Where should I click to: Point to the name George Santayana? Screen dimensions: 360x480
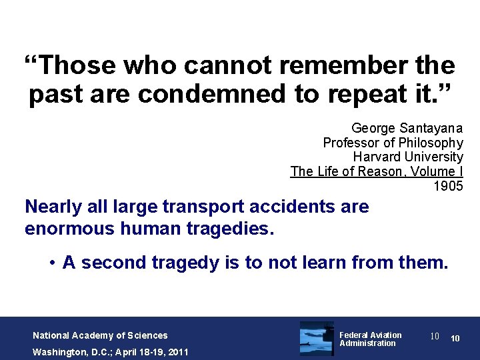407,128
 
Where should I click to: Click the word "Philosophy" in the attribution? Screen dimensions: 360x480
431,143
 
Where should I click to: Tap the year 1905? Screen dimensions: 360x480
448,186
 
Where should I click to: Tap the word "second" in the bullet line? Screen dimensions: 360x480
110,263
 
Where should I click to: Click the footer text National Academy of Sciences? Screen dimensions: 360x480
100,335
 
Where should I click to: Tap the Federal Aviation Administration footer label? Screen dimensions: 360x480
371,339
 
